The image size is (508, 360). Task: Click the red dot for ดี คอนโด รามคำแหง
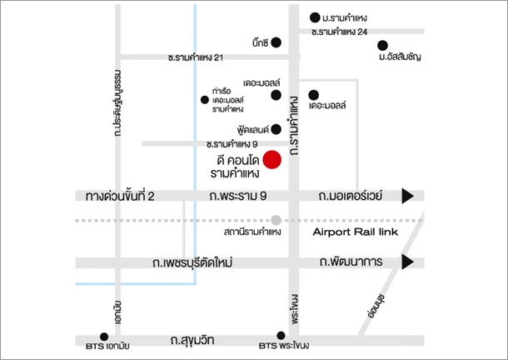(271, 159)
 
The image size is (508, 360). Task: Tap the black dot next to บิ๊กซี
(276, 42)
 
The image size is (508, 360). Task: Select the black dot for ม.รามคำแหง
(315, 17)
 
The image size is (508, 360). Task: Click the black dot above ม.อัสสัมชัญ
(382, 45)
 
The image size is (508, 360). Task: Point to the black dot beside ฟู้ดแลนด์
(276, 129)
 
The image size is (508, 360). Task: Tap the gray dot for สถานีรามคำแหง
(276, 220)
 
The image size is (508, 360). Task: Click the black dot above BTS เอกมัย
(104, 337)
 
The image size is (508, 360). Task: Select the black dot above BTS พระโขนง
(281, 335)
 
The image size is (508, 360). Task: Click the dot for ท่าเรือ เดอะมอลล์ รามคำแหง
(204, 100)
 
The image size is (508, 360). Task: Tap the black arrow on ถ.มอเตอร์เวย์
(407, 196)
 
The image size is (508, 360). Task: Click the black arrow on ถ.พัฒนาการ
(407, 262)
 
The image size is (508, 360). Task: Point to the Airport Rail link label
(356, 232)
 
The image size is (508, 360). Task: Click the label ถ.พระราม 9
(238, 196)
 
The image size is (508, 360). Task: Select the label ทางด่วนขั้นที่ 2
(120, 196)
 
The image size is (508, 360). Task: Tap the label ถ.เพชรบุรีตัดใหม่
(192, 262)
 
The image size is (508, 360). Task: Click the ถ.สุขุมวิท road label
(192, 340)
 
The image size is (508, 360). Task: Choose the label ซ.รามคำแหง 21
(196, 57)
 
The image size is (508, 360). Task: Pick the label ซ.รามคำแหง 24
(339, 32)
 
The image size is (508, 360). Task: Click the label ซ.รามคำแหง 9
(232, 143)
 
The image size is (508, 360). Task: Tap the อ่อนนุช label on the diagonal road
(376, 306)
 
